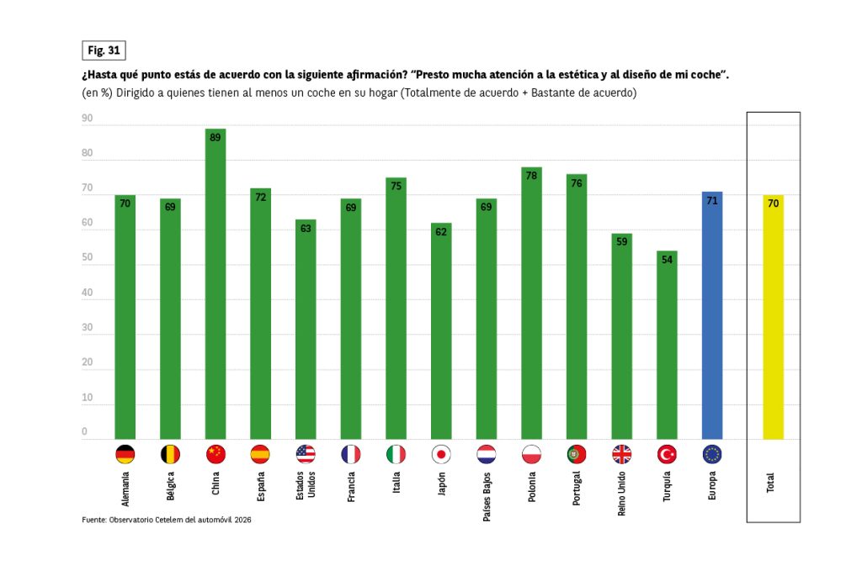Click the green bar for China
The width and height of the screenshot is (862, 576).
215,286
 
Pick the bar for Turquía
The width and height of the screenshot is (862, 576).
667,345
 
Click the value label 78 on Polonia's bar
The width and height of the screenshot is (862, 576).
531,174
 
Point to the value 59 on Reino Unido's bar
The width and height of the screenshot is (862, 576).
621,241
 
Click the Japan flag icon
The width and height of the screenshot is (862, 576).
441,455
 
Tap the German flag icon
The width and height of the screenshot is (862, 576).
125,455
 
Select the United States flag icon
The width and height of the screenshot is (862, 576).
306,455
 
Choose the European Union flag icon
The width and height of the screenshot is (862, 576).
712,455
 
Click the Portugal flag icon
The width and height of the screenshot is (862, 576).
577,455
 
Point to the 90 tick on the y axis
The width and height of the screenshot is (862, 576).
87,119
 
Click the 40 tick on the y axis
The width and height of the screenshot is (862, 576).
87,293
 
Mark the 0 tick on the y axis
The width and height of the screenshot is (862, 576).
84,432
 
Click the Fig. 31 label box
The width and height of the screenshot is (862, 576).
104,50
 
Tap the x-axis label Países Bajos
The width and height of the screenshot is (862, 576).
487,495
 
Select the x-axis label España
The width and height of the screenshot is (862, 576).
261,488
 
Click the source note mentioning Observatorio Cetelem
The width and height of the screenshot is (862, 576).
167,520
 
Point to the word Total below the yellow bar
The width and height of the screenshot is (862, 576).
770,483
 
